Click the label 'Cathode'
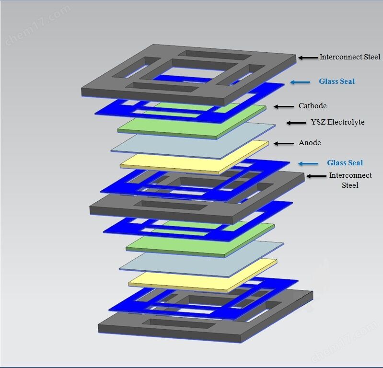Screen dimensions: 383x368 [x=313, y=106]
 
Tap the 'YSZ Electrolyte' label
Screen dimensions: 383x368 [x=337, y=122]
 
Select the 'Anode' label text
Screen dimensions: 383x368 [x=310, y=143]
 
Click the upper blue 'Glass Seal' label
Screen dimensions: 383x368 [x=337, y=81]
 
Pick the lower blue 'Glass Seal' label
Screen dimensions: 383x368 [x=345, y=162]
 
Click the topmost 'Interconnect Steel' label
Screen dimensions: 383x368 [x=350, y=57]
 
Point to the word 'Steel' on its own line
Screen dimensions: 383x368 [x=350, y=185]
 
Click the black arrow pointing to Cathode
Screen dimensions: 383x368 [x=284, y=106]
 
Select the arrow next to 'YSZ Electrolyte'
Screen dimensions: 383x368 [x=296, y=123]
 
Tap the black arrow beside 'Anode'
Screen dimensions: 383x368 [x=284, y=143]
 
